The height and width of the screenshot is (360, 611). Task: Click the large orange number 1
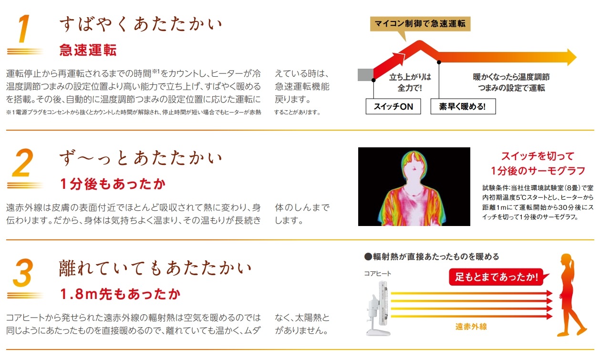tap(24, 29)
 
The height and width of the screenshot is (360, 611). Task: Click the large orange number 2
tap(23, 163)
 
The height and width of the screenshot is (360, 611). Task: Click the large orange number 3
tap(23, 273)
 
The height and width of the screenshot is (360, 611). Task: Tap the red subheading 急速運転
tap(88, 50)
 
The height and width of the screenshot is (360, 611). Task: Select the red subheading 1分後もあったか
tap(113, 184)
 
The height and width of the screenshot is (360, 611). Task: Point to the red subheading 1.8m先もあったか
tap(120, 294)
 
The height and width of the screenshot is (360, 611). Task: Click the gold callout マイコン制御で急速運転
tap(420, 24)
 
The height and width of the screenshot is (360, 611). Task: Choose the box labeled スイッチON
tap(393, 106)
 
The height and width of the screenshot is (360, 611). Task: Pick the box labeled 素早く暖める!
tap(463, 106)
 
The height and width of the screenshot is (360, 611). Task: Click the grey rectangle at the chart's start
tap(365, 75)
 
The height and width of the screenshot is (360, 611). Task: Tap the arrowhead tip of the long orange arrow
tap(576, 57)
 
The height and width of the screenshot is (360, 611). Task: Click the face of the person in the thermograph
tap(414, 172)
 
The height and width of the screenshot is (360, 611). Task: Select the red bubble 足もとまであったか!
tap(496, 277)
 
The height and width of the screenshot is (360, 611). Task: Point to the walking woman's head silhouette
tap(567, 261)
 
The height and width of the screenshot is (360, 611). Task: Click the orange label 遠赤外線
tap(471, 327)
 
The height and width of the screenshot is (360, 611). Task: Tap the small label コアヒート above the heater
tap(377, 274)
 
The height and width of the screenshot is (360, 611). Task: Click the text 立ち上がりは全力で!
tap(410, 82)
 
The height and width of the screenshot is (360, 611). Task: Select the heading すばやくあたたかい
tap(141, 24)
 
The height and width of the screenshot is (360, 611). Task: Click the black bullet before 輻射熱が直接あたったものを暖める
tap(368, 257)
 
